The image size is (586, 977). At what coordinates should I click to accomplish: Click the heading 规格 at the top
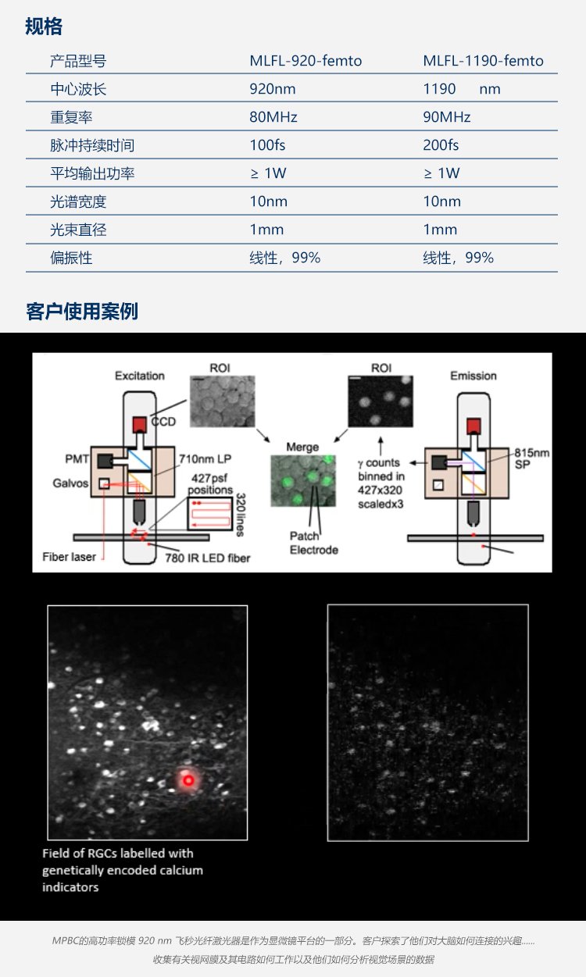[44, 27]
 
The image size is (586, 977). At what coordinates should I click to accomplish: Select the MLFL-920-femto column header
[306, 61]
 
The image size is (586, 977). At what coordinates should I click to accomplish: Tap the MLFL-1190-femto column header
[483, 61]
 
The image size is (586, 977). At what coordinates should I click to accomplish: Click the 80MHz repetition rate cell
[273, 117]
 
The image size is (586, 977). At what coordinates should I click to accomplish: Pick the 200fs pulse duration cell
[441, 144]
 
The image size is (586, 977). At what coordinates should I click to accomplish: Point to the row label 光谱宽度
[78, 201]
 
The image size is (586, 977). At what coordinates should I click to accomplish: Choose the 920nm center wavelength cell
[272, 89]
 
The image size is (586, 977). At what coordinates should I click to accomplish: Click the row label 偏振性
[71, 258]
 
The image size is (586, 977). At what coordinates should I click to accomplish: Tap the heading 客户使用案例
[82, 312]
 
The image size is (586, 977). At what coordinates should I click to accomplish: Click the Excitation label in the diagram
[140, 376]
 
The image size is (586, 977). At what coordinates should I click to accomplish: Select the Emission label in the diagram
[473, 376]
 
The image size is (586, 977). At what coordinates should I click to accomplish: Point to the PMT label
[77, 459]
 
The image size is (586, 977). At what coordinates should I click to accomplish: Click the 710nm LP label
[205, 459]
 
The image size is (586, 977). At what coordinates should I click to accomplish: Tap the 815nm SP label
[531, 458]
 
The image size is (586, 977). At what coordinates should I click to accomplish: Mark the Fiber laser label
[69, 557]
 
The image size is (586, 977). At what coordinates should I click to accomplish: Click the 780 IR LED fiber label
[208, 558]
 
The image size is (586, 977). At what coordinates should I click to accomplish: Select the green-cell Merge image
[303, 480]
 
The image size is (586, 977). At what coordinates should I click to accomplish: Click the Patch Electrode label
[314, 543]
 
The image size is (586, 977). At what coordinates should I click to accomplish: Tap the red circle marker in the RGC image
[188, 780]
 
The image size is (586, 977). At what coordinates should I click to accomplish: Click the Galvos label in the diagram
[70, 483]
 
